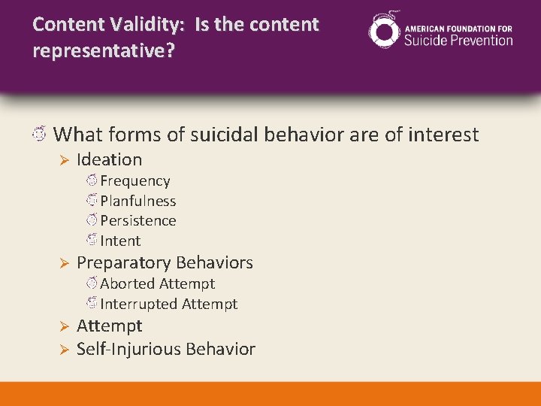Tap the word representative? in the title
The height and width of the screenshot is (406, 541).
(x=88, y=52)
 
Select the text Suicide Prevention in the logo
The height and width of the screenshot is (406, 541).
(x=458, y=40)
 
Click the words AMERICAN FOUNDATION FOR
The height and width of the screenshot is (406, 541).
(x=458, y=28)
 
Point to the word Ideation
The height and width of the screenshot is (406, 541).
(x=109, y=159)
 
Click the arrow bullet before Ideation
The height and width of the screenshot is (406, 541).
(x=64, y=160)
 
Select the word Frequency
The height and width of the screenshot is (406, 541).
(x=134, y=181)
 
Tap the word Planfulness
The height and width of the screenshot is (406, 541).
(x=138, y=201)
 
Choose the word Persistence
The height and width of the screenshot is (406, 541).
(x=138, y=221)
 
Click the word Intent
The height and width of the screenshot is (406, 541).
(x=120, y=241)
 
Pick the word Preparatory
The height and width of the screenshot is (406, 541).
(x=122, y=263)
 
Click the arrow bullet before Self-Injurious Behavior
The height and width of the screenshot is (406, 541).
(x=64, y=350)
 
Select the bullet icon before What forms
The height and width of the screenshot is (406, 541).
(x=40, y=135)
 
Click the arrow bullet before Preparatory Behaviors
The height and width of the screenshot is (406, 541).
(x=64, y=263)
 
